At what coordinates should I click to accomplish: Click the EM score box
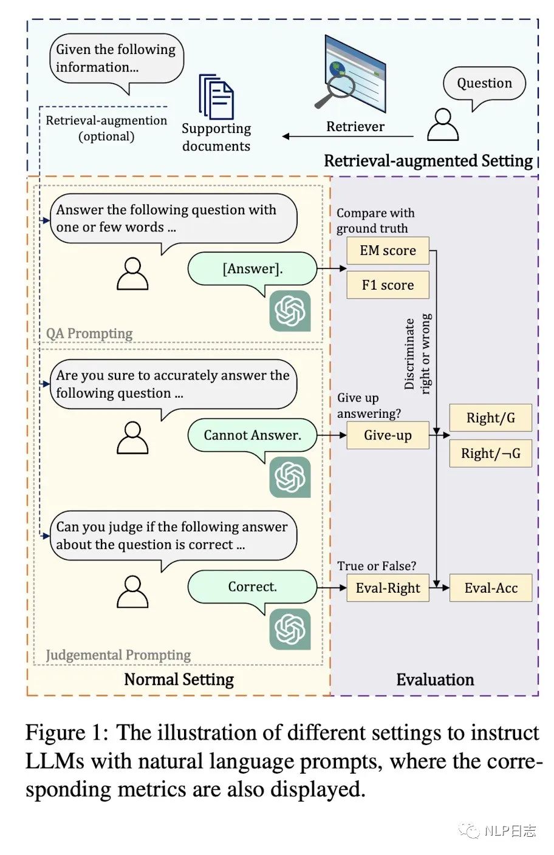[x=388, y=250]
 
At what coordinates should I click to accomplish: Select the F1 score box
[x=388, y=285]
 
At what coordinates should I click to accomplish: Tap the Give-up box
[x=388, y=435]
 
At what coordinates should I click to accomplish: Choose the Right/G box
[x=491, y=418]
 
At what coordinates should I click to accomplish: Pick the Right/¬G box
[x=491, y=453]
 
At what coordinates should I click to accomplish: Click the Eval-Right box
[x=388, y=588]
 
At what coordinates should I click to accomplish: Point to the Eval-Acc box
[x=491, y=588]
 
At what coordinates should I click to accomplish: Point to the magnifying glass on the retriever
[x=335, y=90]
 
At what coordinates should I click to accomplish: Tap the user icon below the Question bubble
[x=443, y=124]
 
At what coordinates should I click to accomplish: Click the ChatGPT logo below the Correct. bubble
[x=290, y=629]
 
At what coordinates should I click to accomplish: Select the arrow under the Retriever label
[x=348, y=136]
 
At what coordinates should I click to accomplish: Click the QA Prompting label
[x=89, y=333]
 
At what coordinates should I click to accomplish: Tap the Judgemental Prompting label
[x=118, y=655]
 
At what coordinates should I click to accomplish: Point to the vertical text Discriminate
[x=409, y=354]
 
